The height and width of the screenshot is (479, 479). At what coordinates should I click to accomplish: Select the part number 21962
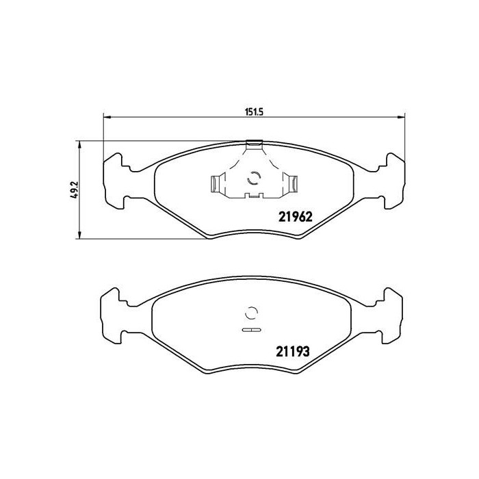(295, 216)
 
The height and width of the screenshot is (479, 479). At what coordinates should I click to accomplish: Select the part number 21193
(293, 352)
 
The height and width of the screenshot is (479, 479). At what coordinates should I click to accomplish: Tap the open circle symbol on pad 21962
(253, 179)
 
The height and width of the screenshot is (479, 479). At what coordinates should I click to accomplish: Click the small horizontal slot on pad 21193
(251, 331)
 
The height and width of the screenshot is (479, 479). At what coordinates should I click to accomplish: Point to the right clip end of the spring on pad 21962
(292, 183)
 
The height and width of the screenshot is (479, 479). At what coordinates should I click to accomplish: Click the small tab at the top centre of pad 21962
(254, 144)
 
